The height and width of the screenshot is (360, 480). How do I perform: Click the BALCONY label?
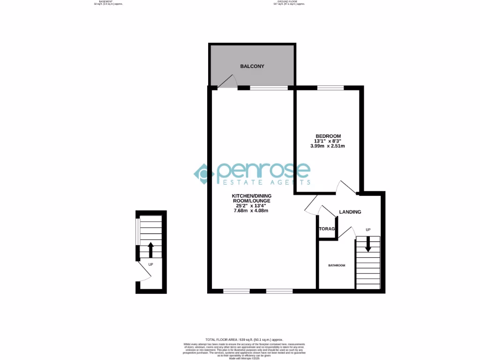point(252,67)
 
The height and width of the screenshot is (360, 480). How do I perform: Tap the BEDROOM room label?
point(328,136)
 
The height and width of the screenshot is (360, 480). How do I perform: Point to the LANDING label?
point(350,212)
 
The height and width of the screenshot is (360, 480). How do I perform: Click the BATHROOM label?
point(337,266)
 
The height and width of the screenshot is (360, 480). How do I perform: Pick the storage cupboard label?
point(327,229)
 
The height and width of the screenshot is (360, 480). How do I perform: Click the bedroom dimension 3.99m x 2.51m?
point(328,146)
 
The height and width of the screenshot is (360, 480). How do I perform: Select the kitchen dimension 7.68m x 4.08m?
point(251,210)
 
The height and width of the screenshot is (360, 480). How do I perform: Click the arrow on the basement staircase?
point(150,249)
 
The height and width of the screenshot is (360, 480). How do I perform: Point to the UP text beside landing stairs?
point(368,230)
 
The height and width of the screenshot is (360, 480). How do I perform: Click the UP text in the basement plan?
point(150,264)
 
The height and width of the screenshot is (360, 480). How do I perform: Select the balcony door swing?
point(227,82)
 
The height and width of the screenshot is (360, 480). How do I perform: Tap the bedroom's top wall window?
point(330,87)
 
